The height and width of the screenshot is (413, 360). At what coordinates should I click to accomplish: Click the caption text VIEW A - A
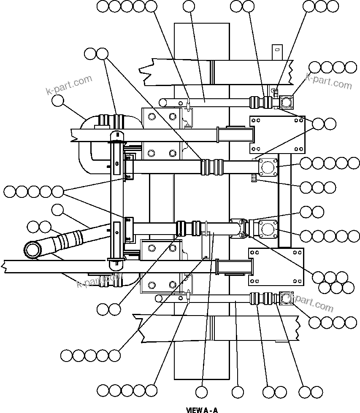[202, 410]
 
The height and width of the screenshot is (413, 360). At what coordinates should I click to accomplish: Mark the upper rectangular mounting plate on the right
[277, 134]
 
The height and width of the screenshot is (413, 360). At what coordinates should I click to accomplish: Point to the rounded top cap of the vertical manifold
[116, 135]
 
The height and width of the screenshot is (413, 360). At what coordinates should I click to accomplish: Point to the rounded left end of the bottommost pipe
[159, 299]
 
